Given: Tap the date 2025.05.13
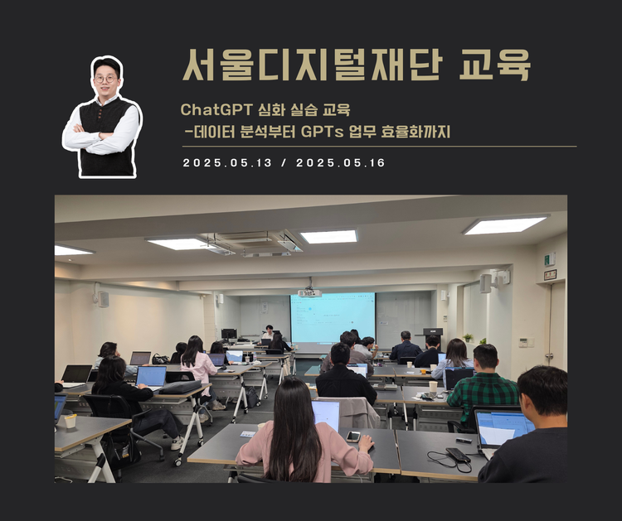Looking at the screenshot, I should [227, 163].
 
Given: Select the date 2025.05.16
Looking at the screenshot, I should [340, 163].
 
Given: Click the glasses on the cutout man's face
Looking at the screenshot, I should [105, 79].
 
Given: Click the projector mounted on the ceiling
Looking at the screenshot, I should [309, 292].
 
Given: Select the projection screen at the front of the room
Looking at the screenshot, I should [333, 316].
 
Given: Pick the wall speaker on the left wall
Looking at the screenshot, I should [103, 298].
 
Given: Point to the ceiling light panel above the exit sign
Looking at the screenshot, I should [506, 224].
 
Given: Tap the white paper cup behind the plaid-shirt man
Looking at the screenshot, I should [433, 387].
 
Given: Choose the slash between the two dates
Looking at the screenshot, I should [284, 163].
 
